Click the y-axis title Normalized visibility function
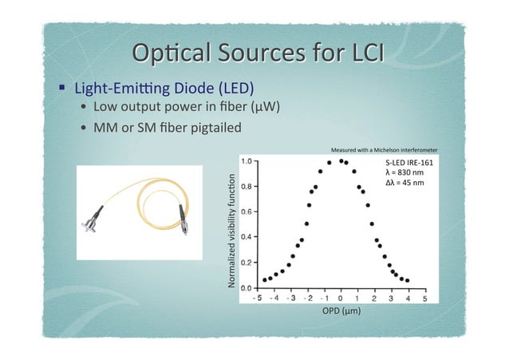tap(231, 234)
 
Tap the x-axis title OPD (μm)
tap(341, 311)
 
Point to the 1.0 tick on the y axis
tap(247, 160)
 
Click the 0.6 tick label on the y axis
tap(247, 212)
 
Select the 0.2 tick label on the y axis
tap(247, 262)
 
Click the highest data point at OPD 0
tap(341, 160)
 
